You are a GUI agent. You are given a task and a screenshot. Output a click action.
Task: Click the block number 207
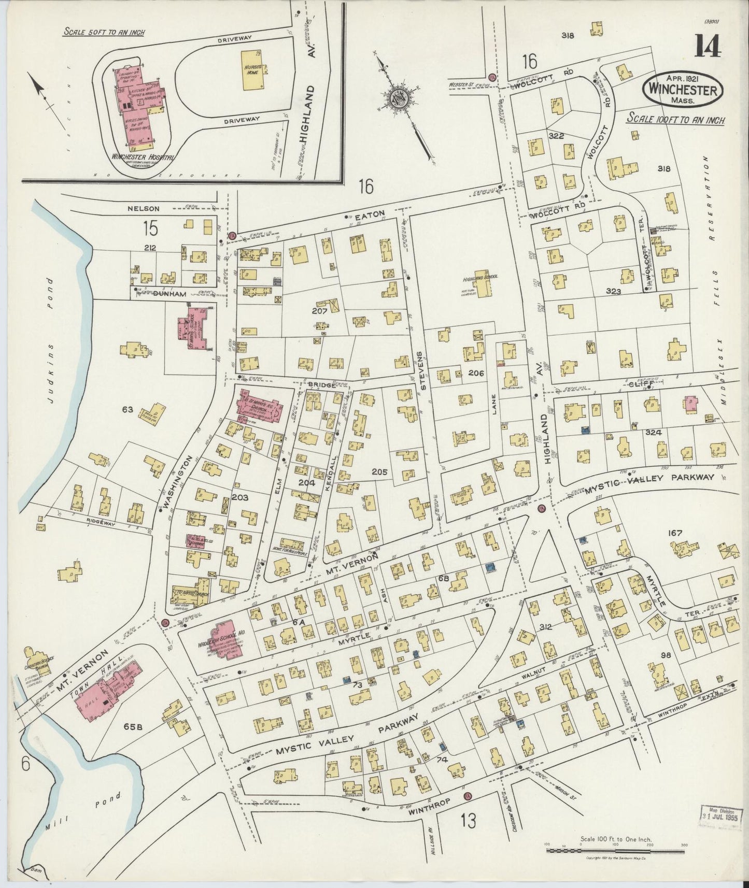[319, 311]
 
